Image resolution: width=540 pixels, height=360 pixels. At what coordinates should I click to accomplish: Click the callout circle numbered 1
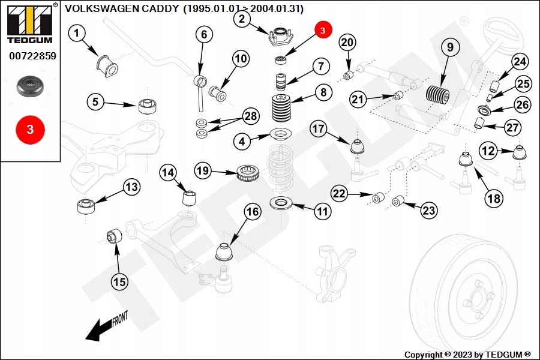[x=77, y=34]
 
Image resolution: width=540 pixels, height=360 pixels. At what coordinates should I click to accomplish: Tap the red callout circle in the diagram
[x=322, y=29]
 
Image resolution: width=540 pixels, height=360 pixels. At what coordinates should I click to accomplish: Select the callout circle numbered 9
[x=449, y=46]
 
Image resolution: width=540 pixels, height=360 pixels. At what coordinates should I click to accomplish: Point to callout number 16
[x=253, y=211]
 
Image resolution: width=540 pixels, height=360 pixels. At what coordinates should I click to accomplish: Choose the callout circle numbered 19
[x=203, y=171]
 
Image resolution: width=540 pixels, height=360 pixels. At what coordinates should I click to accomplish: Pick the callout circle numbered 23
[x=429, y=211]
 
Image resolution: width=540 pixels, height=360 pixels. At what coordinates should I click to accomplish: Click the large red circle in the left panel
[x=29, y=128]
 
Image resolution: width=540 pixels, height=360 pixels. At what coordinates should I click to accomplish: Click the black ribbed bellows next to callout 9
[x=437, y=96]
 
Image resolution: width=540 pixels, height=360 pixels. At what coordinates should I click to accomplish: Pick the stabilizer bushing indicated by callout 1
[x=105, y=61]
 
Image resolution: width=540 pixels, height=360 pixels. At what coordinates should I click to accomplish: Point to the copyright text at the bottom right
[x=467, y=355]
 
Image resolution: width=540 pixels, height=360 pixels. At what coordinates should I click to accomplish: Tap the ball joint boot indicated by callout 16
[x=224, y=251]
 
